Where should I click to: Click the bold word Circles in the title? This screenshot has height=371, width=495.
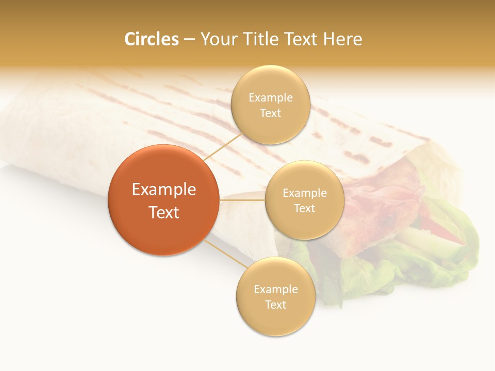(x=152, y=39)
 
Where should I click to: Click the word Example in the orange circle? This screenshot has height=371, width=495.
(x=164, y=190)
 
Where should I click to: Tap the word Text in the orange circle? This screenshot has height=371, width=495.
(x=164, y=212)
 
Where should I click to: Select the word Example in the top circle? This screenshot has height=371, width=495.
(x=271, y=98)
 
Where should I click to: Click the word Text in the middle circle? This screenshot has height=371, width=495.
(x=304, y=208)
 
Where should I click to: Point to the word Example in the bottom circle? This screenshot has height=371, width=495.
(x=276, y=289)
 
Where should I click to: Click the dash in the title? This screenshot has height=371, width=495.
(x=189, y=39)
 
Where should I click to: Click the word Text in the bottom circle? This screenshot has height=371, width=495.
(x=275, y=305)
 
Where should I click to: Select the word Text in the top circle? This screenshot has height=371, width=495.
(x=270, y=113)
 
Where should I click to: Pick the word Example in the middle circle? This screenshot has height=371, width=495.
(x=305, y=193)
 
